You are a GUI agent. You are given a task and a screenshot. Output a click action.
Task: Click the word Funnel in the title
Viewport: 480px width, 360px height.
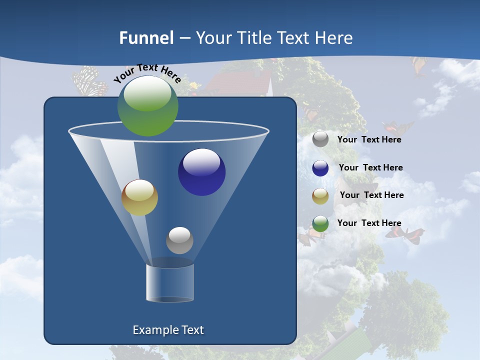click(146, 38)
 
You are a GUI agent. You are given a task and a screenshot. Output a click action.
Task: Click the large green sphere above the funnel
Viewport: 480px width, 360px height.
click(147, 105)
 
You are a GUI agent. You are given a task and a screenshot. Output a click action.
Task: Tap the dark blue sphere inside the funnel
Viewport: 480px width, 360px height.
click(201, 172)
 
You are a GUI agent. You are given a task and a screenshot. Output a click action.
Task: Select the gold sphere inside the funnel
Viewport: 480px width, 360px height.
click(139, 197)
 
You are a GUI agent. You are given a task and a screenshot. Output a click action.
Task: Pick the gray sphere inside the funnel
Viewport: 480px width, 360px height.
click(179, 240)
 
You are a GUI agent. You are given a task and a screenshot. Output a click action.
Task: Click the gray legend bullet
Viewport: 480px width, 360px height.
click(320, 139)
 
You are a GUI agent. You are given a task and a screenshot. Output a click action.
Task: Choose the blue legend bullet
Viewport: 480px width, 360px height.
click(320, 168)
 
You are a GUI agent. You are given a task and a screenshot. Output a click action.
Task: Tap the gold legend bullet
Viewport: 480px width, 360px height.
click(320, 195)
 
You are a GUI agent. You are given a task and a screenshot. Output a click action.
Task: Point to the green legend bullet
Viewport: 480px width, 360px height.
click(320, 223)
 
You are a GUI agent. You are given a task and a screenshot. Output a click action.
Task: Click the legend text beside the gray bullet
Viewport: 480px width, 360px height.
click(369, 139)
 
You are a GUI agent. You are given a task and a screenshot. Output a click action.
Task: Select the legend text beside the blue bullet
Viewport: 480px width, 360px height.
click(370, 167)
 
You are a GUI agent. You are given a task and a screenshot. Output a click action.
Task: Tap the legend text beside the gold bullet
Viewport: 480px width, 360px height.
click(371, 195)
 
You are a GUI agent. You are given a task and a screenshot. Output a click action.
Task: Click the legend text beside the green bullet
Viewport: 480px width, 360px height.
click(369, 223)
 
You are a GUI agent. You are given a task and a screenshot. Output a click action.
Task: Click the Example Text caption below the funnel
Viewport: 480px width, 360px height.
click(168, 330)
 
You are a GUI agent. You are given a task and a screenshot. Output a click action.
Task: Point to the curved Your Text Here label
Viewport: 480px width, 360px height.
click(147, 73)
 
